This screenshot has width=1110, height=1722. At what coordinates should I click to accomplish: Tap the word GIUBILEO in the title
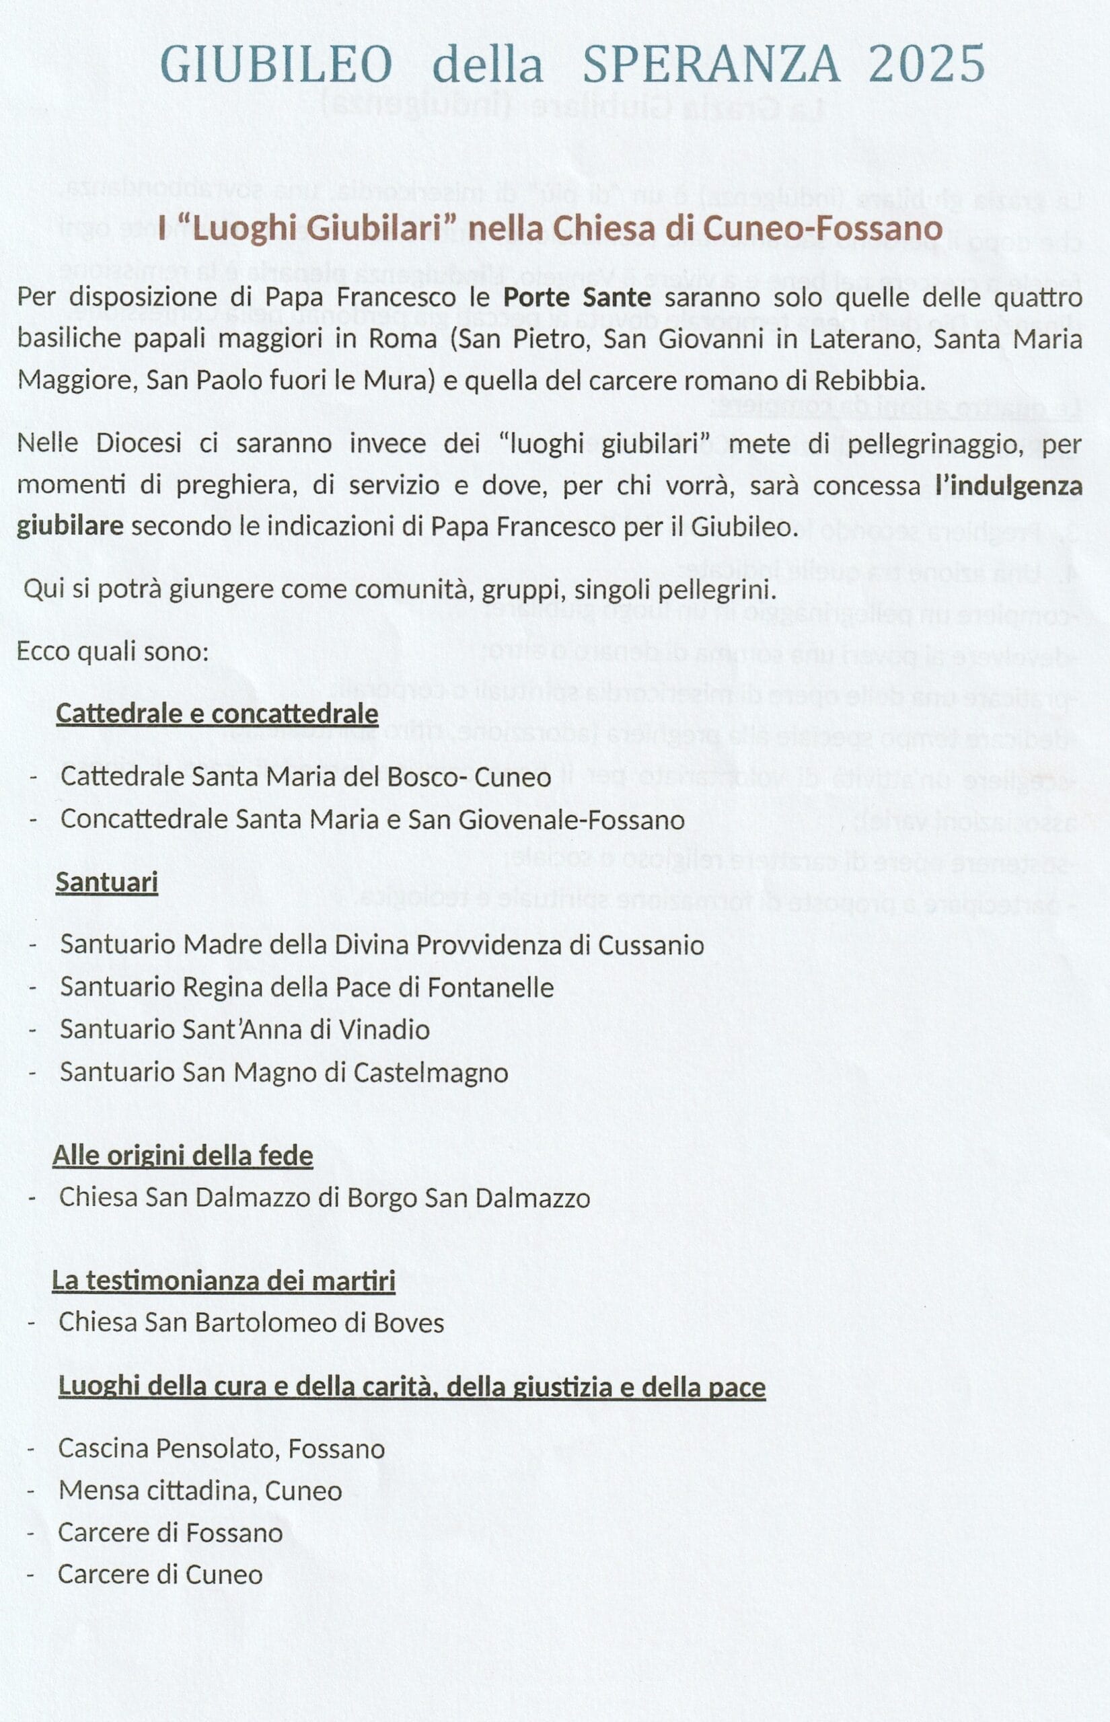[x=276, y=63]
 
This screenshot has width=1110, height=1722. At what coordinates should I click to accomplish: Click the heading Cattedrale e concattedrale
[x=217, y=713]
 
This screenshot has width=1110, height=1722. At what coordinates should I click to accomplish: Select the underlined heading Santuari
[x=107, y=882]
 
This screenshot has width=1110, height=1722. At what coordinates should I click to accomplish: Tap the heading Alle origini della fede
[x=182, y=1156]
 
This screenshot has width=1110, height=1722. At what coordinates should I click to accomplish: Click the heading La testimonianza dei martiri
[x=223, y=1282]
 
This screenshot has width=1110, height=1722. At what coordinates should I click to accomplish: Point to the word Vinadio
[x=392, y=1030]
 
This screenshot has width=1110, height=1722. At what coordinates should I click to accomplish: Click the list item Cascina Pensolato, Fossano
[x=221, y=1449]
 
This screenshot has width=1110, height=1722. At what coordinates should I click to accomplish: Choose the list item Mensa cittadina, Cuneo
[x=200, y=1491]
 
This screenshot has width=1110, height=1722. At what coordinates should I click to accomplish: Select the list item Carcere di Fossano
[x=170, y=1532]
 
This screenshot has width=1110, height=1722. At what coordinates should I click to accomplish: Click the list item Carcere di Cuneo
[x=160, y=1574]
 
